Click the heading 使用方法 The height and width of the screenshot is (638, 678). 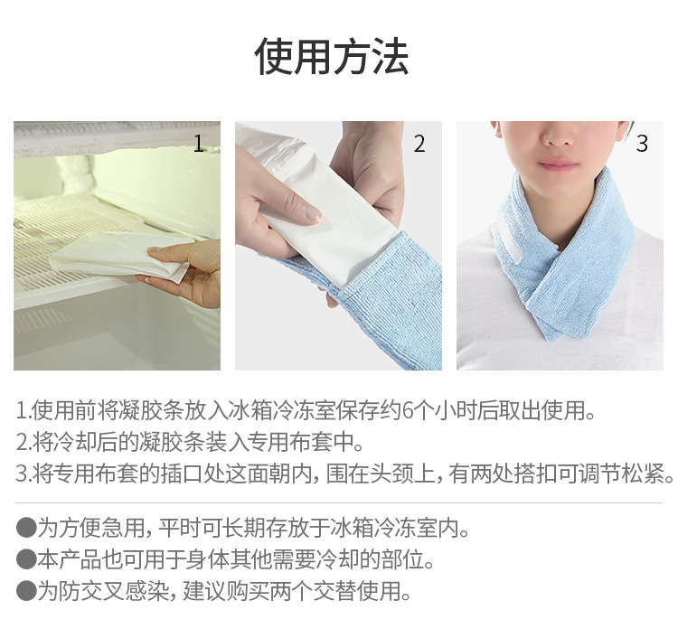[332, 57]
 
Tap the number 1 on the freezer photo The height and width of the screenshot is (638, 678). [199, 144]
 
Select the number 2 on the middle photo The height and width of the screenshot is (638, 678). [419, 144]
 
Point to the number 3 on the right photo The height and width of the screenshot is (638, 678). [642, 144]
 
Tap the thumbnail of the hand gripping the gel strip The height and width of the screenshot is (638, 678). [338, 246]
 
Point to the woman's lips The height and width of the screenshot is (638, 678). [558, 164]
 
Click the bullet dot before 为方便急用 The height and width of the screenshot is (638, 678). [26, 528]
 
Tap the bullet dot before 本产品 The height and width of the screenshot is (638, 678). [26, 559]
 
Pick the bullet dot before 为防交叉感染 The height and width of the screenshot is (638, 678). [26, 591]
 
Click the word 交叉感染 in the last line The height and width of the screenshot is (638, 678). [125, 591]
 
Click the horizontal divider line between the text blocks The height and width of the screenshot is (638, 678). [339, 503]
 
